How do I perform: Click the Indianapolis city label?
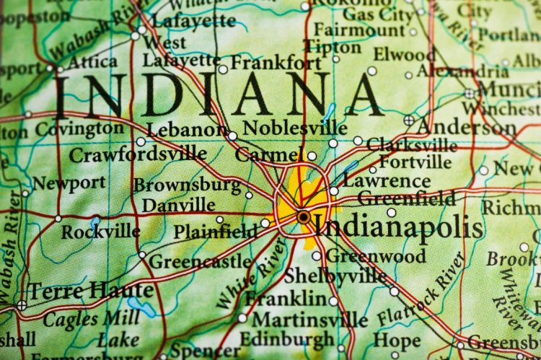click(x=400, y=228)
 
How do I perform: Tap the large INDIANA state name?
click(x=220, y=97)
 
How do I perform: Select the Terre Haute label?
click(x=90, y=291)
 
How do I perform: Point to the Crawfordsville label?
click(x=138, y=154)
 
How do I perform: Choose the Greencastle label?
click(x=199, y=260)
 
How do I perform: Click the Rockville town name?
click(x=100, y=232)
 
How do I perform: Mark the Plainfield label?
click(x=215, y=232)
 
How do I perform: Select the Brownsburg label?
click(x=187, y=185)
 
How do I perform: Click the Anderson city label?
click(x=466, y=127)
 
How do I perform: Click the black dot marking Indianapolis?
click(x=303, y=216)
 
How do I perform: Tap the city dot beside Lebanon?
click(x=232, y=136)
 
